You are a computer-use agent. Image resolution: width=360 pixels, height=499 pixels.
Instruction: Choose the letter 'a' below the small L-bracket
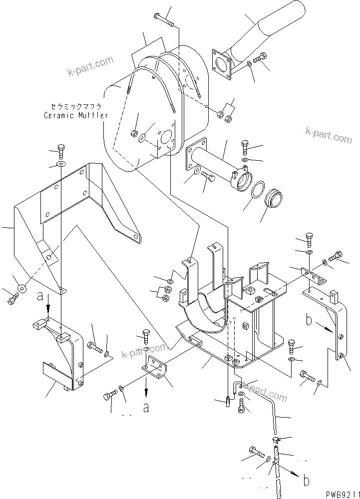pyautogui.click(x=146, y=408)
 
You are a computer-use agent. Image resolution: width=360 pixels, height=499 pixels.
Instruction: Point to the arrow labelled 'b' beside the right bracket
pyautogui.click(x=318, y=326)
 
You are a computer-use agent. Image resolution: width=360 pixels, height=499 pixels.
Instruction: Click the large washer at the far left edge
pyautogui.click(x=21, y=289)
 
